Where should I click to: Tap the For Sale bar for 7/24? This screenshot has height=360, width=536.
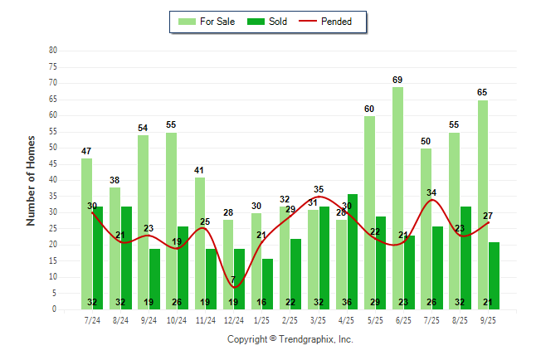86,233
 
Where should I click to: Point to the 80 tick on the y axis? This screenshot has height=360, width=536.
53,50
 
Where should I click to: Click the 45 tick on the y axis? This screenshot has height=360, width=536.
53,163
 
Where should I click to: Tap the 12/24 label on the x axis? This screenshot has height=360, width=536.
233,319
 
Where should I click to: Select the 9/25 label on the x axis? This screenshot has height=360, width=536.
488,319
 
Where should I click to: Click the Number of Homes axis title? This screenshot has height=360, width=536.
32,180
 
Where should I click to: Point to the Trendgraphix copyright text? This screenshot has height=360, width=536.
290,339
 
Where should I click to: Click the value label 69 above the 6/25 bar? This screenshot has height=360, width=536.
397,80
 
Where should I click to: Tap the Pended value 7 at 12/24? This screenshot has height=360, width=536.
233,279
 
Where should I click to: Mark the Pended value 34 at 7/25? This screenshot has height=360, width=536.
431,192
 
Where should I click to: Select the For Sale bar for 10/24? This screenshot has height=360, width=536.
171,221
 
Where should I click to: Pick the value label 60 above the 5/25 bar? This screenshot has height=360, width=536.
369,109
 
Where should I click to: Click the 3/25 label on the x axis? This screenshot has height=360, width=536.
318,319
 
